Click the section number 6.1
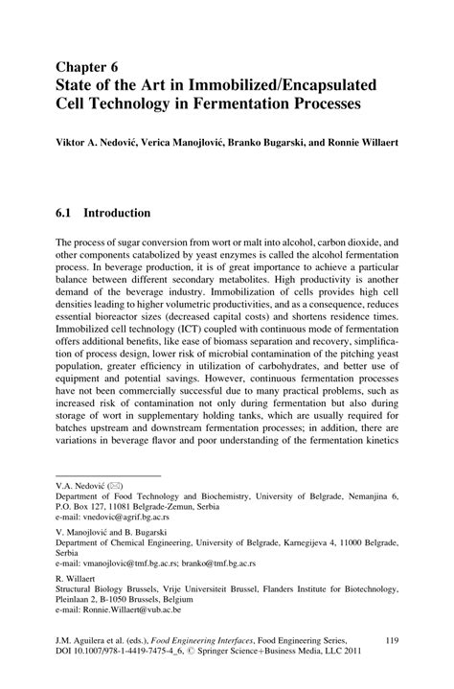tap(67, 212)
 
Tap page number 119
tap(391, 638)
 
